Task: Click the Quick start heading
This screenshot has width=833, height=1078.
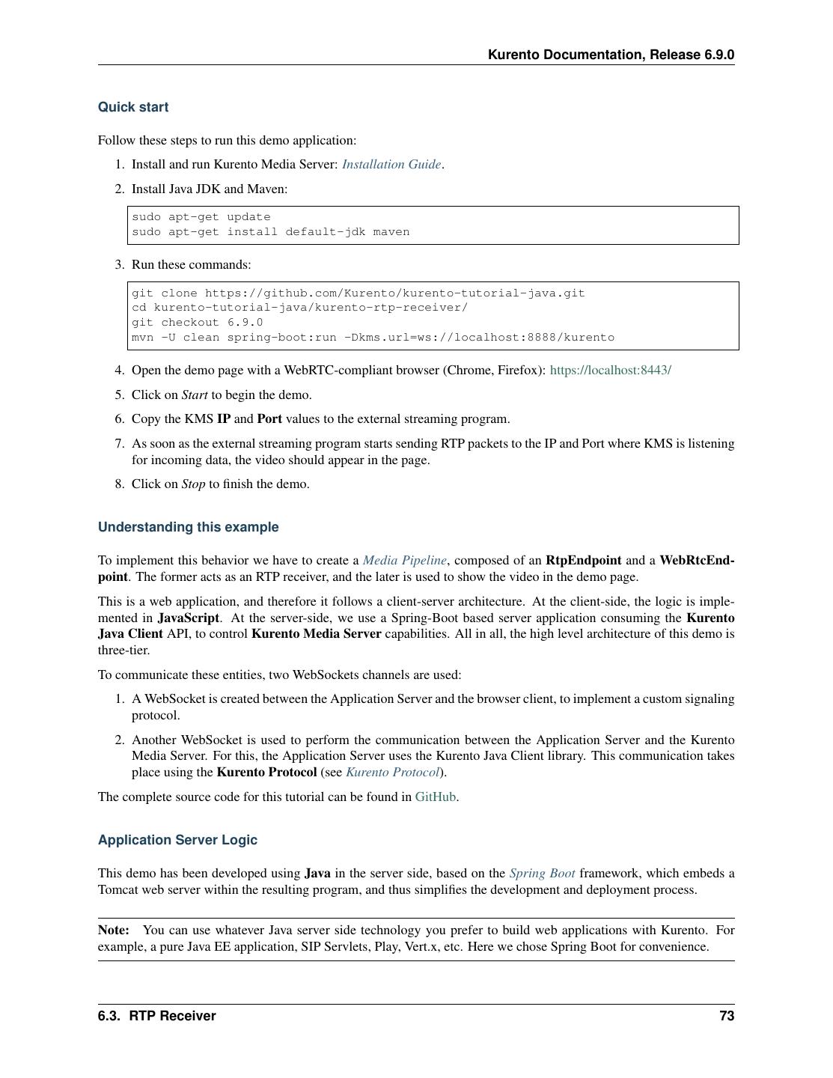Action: click(133, 107)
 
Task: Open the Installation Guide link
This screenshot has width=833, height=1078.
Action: click(391, 165)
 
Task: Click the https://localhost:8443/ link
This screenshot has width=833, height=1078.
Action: click(610, 370)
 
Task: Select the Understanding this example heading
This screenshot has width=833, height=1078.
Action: click(188, 527)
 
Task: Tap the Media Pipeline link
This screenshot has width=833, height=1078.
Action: click(404, 560)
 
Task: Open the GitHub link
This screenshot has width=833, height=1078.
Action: click(435, 797)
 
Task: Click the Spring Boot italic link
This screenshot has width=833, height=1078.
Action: click(542, 873)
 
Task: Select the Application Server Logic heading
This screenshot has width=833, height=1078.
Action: click(177, 840)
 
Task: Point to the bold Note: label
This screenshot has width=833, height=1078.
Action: click(113, 930)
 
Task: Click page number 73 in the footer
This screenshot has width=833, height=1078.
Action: click(726, 1016)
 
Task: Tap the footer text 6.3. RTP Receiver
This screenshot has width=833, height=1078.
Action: click(156, 1016)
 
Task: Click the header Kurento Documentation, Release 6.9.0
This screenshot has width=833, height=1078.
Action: click(611, 55)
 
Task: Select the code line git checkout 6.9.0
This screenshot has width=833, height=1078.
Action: click(197, 323)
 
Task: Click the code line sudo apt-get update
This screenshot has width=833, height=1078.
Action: click(201, 217)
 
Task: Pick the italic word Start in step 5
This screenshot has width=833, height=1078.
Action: click(194, 395)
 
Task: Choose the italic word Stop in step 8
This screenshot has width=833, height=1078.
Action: click(193, 484)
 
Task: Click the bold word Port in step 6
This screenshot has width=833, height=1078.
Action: click(269, 418)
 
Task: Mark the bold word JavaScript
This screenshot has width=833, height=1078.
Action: click(189, 618)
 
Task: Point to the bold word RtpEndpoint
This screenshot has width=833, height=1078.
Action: click(583, 560)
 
